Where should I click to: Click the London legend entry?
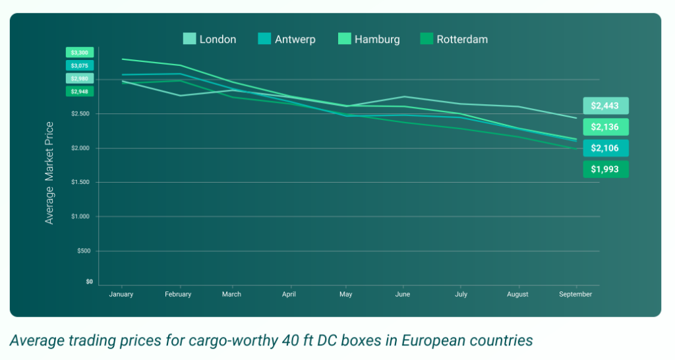tap(210, 40)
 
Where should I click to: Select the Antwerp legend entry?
tap(287, 40)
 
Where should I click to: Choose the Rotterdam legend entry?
tap(454, 40)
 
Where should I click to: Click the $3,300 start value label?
tap(80, 52)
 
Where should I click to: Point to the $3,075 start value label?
tap(80, 65)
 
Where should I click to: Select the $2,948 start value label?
tap(80, 91)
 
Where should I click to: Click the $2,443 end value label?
tap(605, 105)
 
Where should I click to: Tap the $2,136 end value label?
tap(605, 127)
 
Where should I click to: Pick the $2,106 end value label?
tap(605, 148)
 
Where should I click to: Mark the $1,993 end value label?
tap(605, 169)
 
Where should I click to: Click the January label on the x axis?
tap(121, 294)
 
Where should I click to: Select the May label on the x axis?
tap(345, 294)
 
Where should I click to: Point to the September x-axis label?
tap(575, 294)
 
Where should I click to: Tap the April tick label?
tap(288, 294)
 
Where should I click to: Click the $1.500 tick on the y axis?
tap(82, 183)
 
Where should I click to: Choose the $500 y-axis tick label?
tap(84, 251)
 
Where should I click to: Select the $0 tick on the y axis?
tap(89, 282)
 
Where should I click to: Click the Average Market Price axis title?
tap(49, 173)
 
